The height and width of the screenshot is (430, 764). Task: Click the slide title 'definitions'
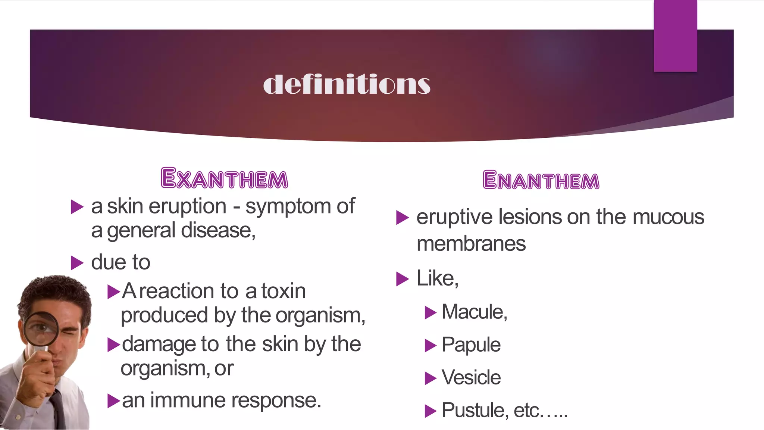point(347,84)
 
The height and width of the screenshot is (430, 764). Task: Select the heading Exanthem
point(224,178)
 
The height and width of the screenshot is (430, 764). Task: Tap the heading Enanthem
point(541,180)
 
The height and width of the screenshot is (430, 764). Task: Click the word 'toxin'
point(283,291)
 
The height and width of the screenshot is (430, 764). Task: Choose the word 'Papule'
point(471,345)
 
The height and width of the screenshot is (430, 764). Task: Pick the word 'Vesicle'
point(471,377)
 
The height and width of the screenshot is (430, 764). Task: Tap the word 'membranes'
point(471,244)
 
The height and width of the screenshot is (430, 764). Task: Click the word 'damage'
point(159,344)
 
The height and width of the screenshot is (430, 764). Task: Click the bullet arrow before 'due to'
point(77,263)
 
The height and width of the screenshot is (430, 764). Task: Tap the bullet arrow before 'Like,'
point(402,279)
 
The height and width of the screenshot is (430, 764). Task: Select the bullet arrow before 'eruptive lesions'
point(402,218)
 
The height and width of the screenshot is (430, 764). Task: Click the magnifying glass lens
point(41,328)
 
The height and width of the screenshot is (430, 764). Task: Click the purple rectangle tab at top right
point(675,35)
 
